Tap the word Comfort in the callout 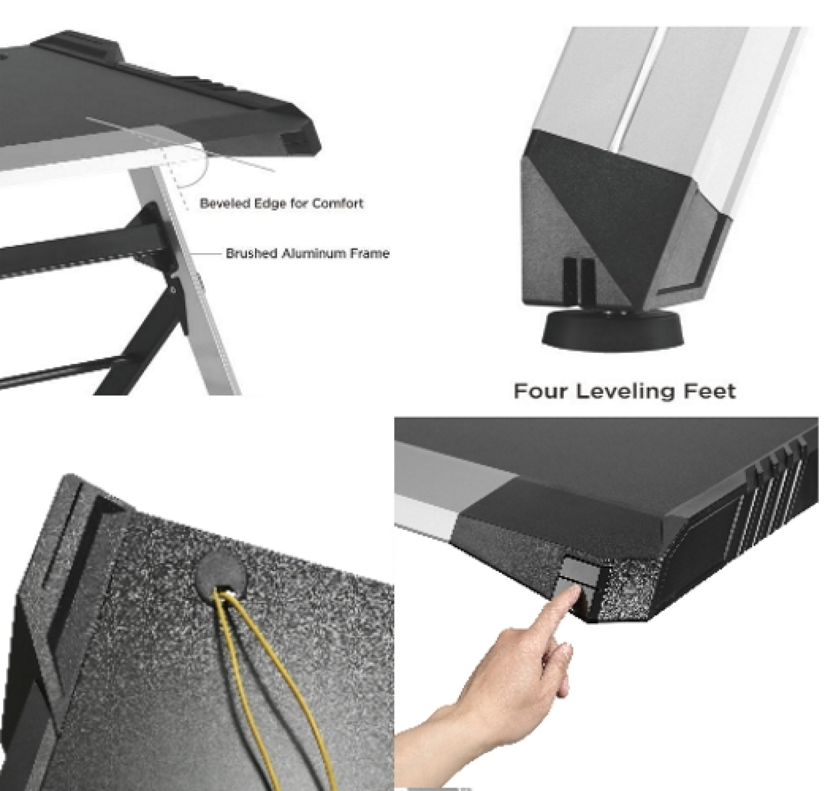point(338,203)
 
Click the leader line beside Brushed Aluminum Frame point(207,254)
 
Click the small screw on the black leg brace point(172,290)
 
